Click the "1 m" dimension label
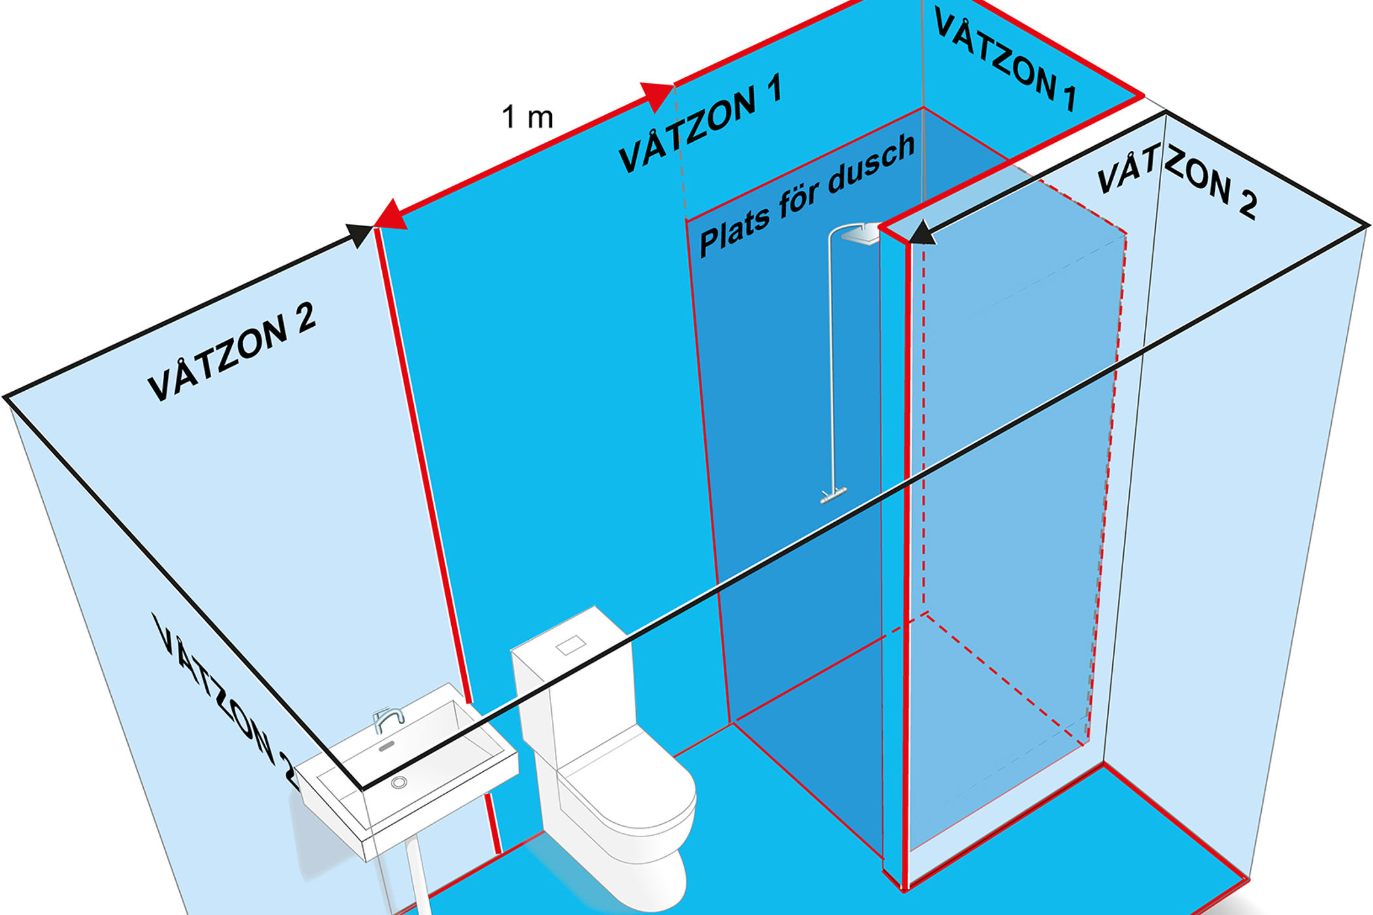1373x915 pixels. point(527,118)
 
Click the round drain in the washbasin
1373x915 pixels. point(399,782)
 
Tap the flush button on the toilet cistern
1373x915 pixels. point(571,645)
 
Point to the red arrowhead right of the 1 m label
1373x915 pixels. point(656,95)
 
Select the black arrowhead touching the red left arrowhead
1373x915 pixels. point(360,234)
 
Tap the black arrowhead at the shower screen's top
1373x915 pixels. point(922,233)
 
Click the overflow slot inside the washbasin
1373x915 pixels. point(386,746)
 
